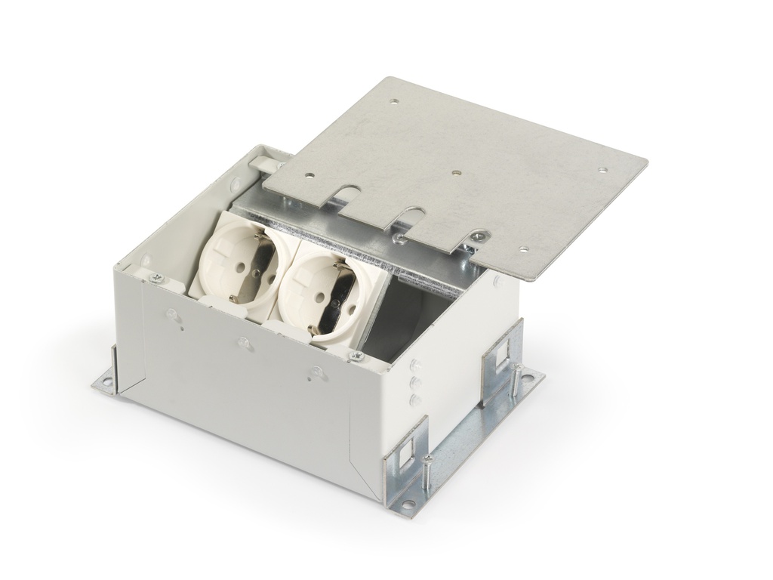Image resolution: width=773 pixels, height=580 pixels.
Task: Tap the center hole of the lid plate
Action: [456, 172]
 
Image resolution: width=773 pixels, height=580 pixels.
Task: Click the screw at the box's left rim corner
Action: [157, 279]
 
